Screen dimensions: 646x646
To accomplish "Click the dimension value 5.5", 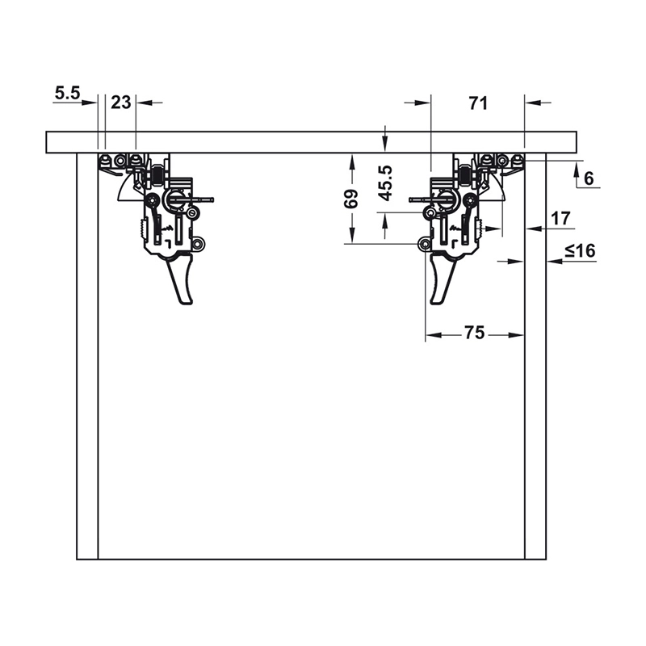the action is click(68, 93).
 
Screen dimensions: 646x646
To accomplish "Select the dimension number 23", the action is click(121, 103).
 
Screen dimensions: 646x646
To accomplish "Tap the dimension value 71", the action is click(478, 103).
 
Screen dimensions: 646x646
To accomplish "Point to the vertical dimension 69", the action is click(351, 199).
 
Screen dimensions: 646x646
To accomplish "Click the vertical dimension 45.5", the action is click(386, 183).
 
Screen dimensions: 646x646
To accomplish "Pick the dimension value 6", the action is click(589, 178).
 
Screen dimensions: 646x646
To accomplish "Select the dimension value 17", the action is click(560, 218).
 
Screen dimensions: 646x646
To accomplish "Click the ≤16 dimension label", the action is click(581, 250).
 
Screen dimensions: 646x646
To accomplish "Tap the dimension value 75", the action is click(474, 333).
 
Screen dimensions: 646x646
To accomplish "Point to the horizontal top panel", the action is click(311, 143).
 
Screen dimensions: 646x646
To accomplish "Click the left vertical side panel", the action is click(87, 356).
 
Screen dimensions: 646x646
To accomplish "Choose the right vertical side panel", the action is click(535, 356).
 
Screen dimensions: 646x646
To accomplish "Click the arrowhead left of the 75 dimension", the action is click(434, 335).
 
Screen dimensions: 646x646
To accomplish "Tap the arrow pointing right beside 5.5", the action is click(89, 103).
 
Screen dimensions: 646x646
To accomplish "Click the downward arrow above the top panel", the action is click(385, 140).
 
